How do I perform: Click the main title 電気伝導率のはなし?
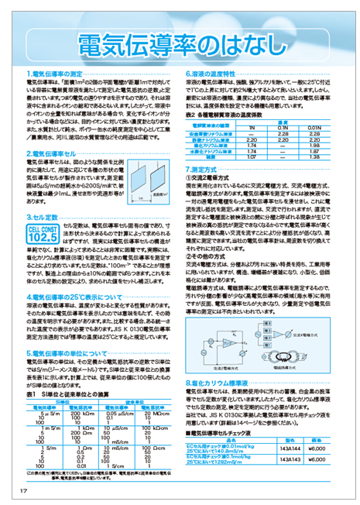tap(180, 40)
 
